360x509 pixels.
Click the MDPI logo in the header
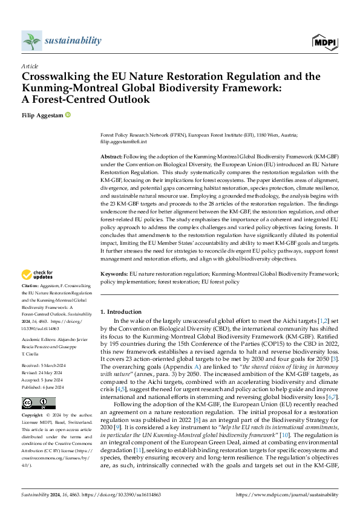click(x=325, y=42)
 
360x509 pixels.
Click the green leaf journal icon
click(x=31, y=41)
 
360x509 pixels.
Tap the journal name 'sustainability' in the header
click(x=73, y=41)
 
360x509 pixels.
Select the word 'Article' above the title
click(x=30, y=66)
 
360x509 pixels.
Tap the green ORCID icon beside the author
click(x=68, y=114)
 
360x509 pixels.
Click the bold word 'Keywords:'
click(x=114, y=274)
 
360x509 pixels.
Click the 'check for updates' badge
click(x=38, y=273)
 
